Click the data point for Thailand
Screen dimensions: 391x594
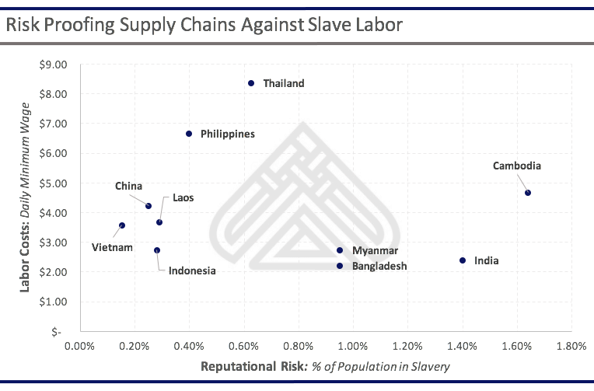(251, 83)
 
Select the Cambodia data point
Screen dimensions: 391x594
(528, 193)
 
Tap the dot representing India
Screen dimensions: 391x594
(463, 260)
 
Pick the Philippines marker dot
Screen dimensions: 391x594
(189, 134)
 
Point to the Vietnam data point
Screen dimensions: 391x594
(122, 225)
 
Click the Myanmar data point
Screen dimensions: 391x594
(340, 250)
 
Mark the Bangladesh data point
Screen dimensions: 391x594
(340, 266)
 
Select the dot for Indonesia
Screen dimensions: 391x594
(157, 250)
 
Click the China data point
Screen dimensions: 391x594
(148, 206)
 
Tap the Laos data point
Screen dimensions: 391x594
(159, 222)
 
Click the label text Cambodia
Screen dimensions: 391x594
(516, 166)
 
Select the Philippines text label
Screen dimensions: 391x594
(227, 134)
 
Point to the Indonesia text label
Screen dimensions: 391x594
(192, 271)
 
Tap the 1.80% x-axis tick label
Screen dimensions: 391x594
(571, 346)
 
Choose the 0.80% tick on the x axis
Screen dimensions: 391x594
(299, 346)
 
